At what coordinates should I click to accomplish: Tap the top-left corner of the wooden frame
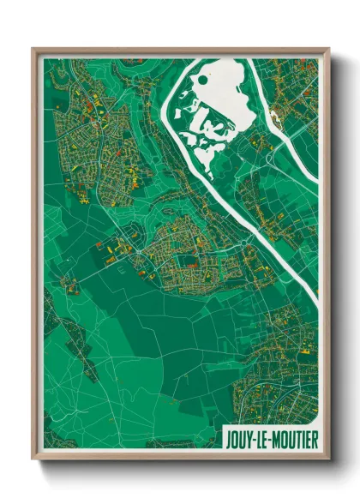[x=33, y=50]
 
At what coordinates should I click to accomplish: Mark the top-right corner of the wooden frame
[x=328, y=50]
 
